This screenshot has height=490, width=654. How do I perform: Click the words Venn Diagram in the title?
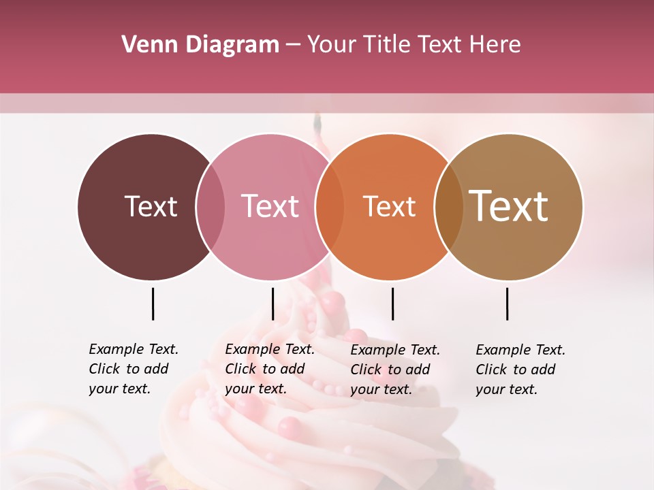click(x=200, y=45)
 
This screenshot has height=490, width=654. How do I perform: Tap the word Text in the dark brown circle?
click(x=151, y=206)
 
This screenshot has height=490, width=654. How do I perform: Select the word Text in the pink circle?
click(x=270, y=206)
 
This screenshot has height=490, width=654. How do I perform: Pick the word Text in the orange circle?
click(x=389, y=206)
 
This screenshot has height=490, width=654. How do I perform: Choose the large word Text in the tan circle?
click(x=509, y=206)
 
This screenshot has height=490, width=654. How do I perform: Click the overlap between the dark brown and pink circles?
click(x=211, y=207)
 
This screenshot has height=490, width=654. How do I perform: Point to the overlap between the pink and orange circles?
click(x=329, y=207)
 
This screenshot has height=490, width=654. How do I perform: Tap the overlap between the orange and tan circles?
click(x=448, y=207)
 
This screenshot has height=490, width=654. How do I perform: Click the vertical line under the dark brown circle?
click(x=153, y=304)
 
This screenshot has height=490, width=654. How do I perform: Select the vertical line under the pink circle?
click(x=272, y=304)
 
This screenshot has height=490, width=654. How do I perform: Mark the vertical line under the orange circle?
click(x=392, y=304)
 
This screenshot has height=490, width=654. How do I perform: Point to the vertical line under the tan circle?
click(x=507, y=304)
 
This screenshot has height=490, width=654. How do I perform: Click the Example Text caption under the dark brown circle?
click(x=134, y=369)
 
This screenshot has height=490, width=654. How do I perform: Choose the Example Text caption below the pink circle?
click(x=270, y=369)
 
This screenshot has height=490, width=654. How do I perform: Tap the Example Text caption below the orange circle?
click(x=395, y=370)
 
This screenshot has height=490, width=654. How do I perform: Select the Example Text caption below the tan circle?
click(x=520, y=370)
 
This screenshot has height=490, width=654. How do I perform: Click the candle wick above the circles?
click(x=317, y=123)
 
